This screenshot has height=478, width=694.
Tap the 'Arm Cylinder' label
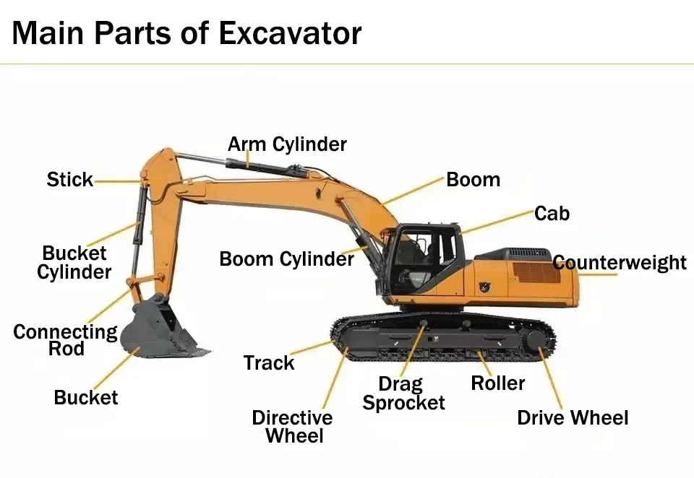tap(287, 144)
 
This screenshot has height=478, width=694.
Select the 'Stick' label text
tap(70, 180)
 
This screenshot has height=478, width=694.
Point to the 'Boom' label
tap(473, 180)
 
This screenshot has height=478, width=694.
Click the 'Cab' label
tap(552, 214)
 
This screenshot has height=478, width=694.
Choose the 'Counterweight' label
tap(620, 262)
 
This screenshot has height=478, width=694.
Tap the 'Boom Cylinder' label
tap(286, 259)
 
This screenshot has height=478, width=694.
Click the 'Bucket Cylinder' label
tap(74, 263)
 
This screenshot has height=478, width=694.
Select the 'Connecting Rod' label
tap(65, 340)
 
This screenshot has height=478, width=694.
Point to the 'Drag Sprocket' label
tap(403, 394)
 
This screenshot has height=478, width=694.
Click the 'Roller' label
tap(498, 383)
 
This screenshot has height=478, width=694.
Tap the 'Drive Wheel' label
tap(573, 418)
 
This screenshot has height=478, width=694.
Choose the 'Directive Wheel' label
tap(293, 427)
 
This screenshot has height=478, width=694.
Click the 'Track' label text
tap(269, 363)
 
